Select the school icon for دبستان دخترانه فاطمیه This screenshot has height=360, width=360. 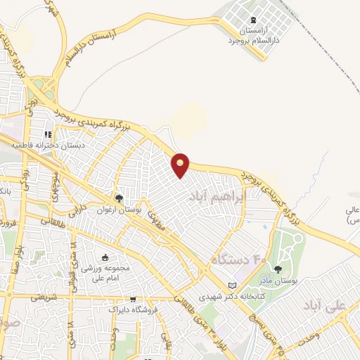click(48, 134)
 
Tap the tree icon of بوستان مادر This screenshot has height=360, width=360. click(278, 269)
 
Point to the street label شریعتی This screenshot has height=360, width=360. click(44, 297)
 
